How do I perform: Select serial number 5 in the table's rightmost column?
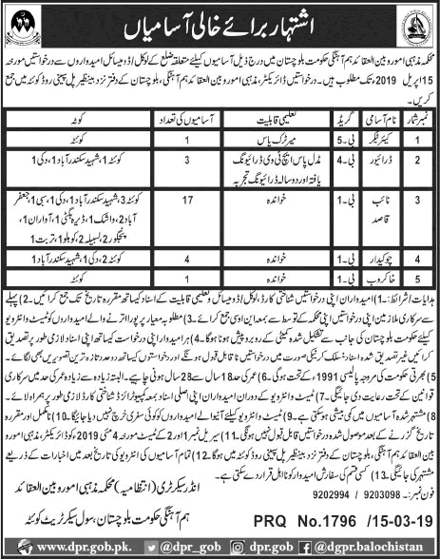point(416,298)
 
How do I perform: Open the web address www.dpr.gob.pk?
point(59,547)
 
